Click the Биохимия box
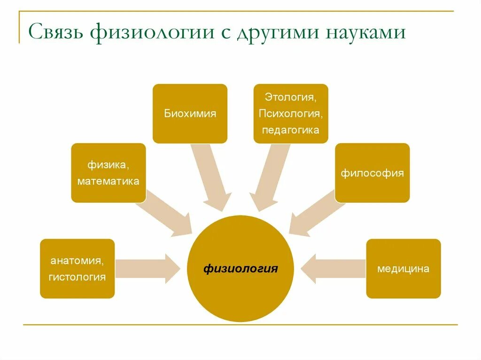190,114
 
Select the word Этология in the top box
290,98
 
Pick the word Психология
290,114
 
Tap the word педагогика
290,130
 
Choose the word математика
108,181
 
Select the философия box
372,173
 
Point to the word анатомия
77,260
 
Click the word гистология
77,277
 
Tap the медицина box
403,269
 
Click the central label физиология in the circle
240,269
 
